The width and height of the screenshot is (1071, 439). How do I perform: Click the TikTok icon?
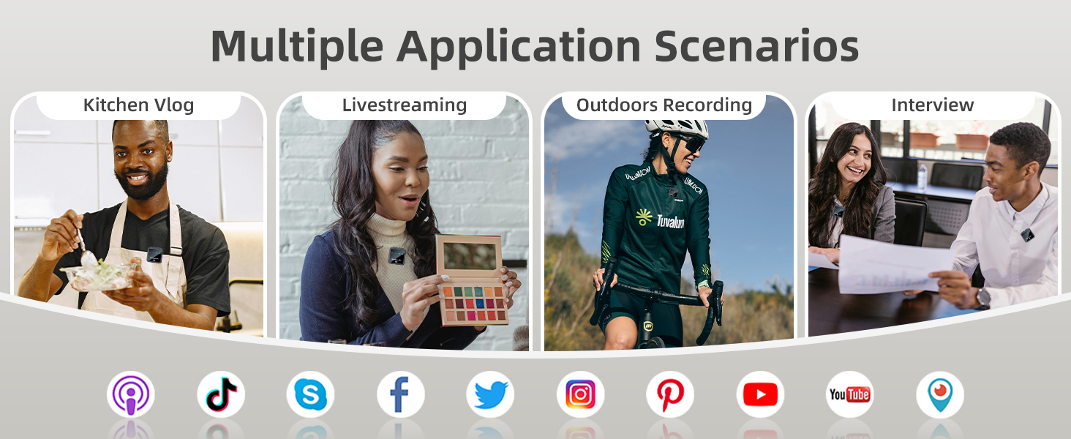point(221,394)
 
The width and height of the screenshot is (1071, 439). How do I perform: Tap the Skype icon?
point(310,394)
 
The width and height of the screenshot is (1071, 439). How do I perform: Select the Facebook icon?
point(401,394)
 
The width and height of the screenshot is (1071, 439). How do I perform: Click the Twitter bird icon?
point(490,394)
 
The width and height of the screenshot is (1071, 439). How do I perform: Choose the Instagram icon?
point(580,394)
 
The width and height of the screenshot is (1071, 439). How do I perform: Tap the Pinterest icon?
point(670,394)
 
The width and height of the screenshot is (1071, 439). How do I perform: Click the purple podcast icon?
point(130,394)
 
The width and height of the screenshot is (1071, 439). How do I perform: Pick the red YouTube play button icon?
point(760,394)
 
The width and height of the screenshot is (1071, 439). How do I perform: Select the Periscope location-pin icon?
point(940,394)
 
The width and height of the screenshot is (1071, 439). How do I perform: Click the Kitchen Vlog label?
point(139,105)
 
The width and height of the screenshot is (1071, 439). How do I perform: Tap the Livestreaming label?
point(405,105)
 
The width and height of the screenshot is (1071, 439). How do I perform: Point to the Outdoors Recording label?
point(664,105)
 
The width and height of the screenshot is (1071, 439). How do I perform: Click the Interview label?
point(932,105)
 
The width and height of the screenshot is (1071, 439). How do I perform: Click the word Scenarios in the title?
point(756,46)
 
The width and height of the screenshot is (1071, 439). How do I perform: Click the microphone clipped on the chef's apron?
point(154,255)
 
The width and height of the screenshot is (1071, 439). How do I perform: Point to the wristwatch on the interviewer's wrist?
point(983,298)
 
